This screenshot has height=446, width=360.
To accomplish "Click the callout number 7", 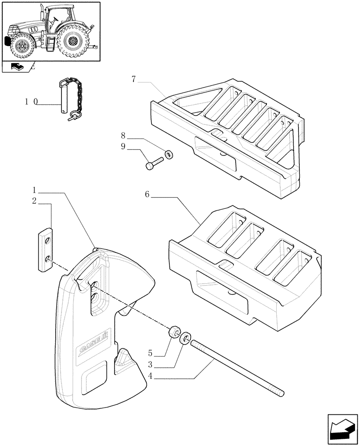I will [x=134, y=80].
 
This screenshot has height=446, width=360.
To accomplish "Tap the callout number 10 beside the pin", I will [x=31, y=102].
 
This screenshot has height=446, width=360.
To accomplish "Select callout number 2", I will [x=34, y=201].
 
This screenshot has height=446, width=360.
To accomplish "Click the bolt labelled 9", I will [x=154, y=163].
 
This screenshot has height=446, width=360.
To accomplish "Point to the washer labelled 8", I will [x=169, y=155].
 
